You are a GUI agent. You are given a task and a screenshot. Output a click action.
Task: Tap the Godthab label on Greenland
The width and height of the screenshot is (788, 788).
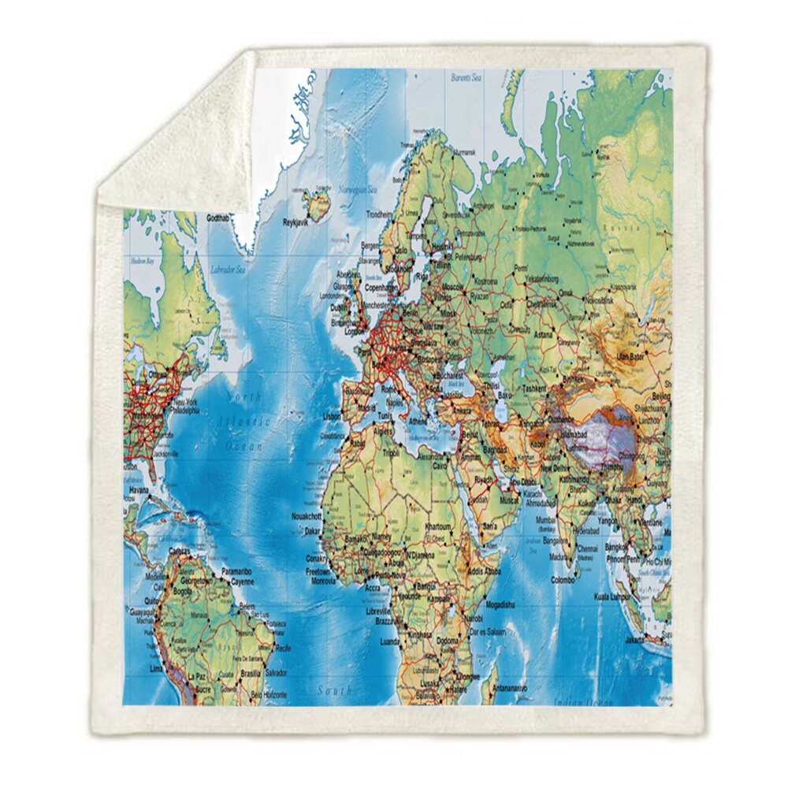click(x=222, y=217)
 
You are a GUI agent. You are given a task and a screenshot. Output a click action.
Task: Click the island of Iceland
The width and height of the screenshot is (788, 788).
click(x=319, y=206)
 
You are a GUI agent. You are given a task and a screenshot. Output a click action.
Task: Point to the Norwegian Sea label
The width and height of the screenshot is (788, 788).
click(x=358, y=189)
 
